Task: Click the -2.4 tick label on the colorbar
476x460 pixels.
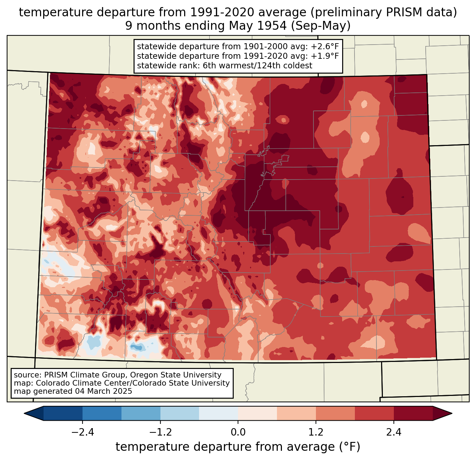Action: [83, 432]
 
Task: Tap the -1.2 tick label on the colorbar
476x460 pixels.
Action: [160, 432]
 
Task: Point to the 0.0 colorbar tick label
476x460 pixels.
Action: [238, 432]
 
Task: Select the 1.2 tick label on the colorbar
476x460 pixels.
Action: [316, 432]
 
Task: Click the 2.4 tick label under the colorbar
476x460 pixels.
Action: [394, 432]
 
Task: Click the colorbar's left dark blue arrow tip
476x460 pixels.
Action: [24, 414]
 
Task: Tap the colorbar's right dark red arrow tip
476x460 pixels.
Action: [452, 414]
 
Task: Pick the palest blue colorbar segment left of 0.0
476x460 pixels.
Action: [219, 414]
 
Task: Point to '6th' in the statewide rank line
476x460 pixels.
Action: [209, 66]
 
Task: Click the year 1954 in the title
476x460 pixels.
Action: [272, 26]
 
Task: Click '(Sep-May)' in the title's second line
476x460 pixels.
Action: [321, 26]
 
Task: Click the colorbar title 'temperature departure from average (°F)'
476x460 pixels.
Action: [238, 447]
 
